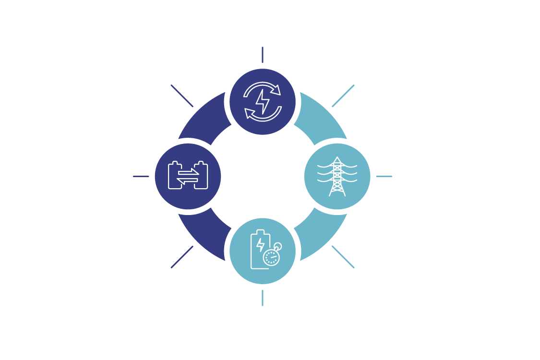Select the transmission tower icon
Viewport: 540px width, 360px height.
[x=337, y=176]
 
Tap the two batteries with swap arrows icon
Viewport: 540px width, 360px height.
[x=188, y=176]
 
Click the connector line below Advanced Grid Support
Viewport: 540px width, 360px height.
[x=262, y=55]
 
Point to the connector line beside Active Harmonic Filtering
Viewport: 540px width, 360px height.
[x=384, y=176]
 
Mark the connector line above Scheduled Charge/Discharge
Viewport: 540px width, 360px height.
[x=262, y=298]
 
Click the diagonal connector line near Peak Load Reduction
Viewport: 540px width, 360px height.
[x=182, y=96]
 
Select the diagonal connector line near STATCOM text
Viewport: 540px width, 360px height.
[x=342, y=96]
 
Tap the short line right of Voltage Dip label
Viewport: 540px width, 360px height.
[x=141, y=176]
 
